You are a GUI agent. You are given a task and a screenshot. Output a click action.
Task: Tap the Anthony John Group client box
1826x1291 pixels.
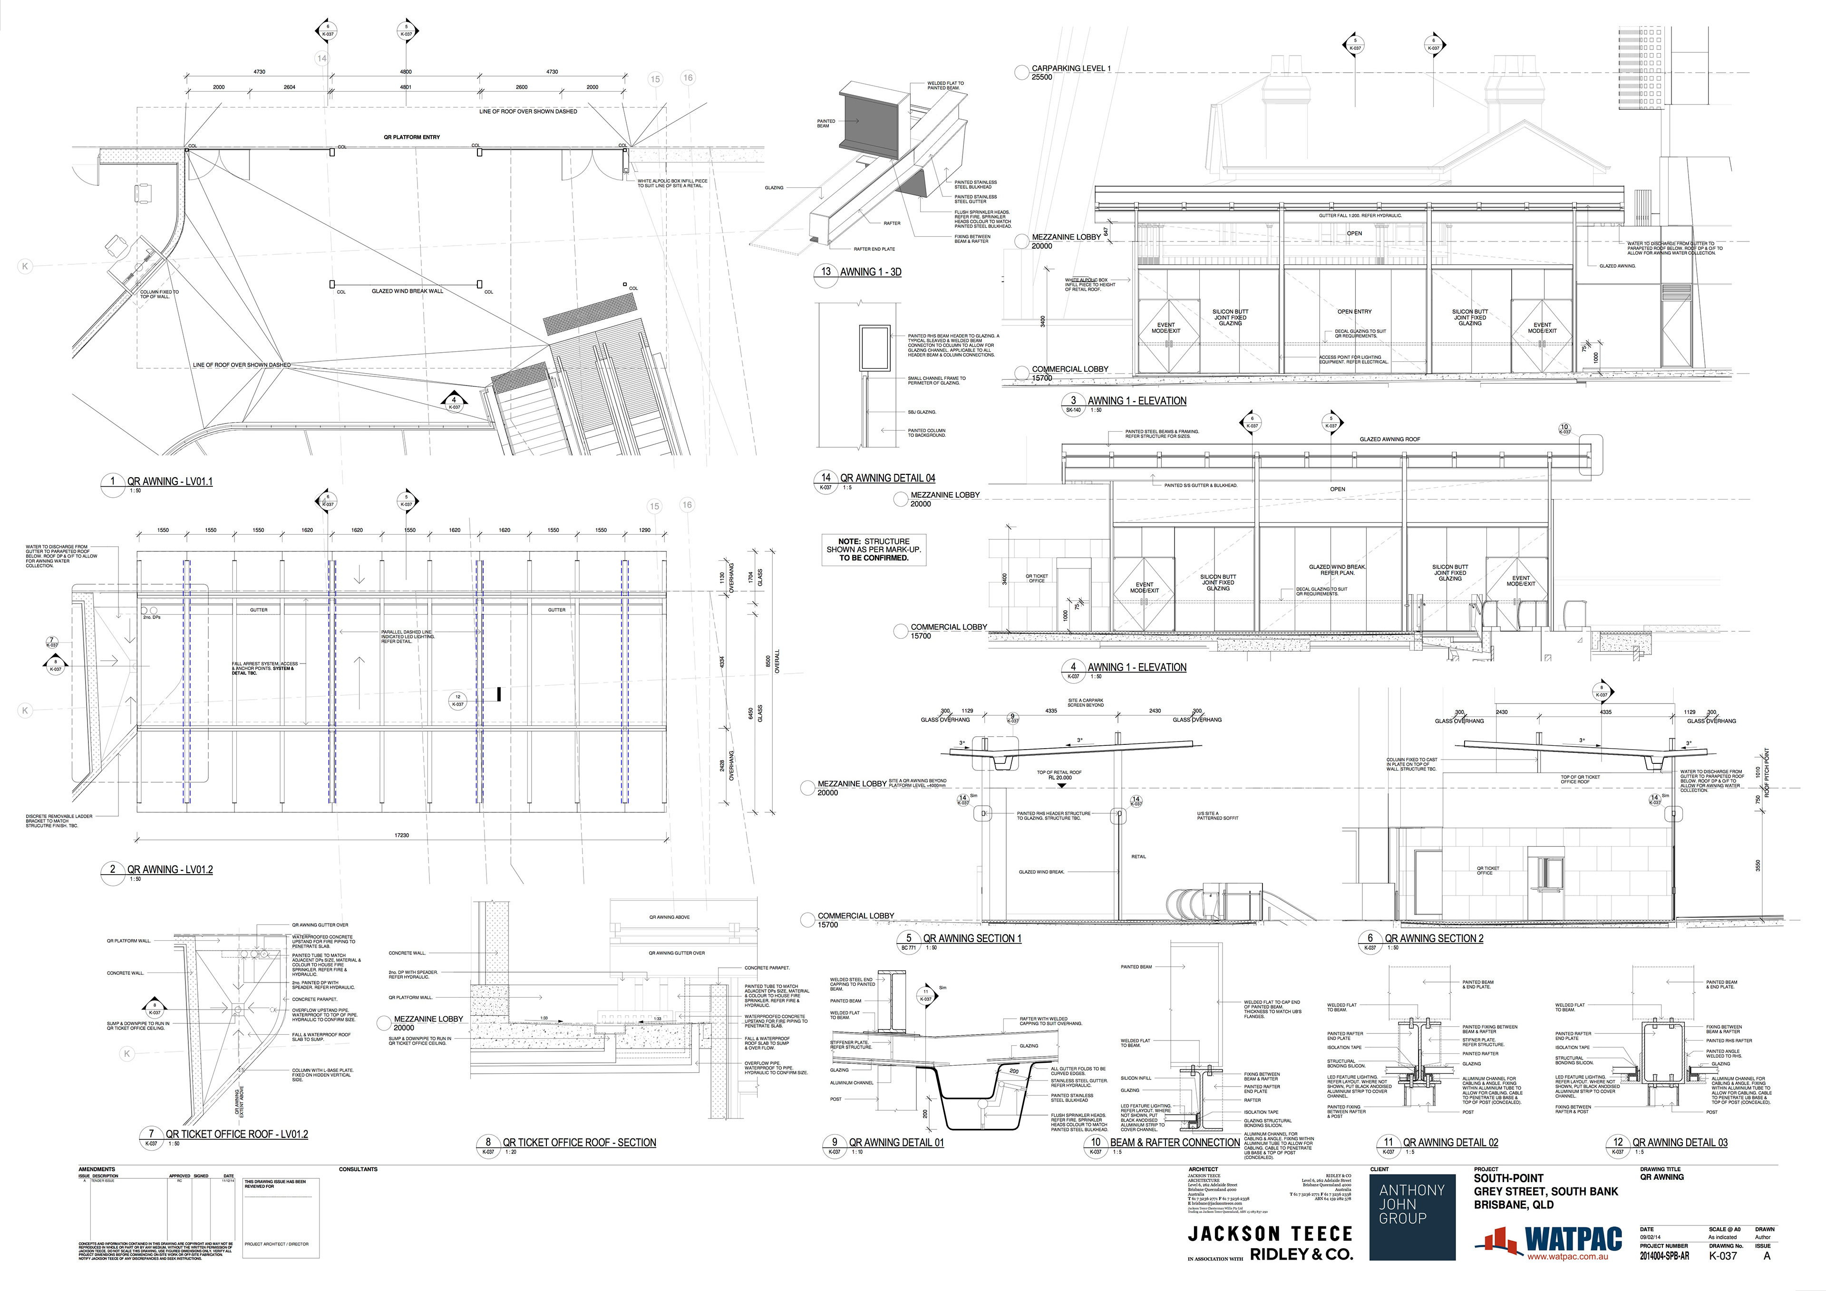click(x=1412, y=1217)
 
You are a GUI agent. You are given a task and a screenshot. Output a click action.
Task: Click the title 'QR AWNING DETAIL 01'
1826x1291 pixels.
click(x=895, y=1142)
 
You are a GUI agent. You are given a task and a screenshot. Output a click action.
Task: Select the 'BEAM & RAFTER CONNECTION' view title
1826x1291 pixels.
click(x=1175, y=1142)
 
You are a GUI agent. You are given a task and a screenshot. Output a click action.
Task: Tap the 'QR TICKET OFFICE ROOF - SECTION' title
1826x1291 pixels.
click(x=579, y=1142)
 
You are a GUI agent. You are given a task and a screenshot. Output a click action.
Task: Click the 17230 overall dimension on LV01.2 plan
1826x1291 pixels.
click(x=402, y=836)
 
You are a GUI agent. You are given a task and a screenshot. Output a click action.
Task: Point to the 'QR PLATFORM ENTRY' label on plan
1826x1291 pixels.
click(x=411, y=137)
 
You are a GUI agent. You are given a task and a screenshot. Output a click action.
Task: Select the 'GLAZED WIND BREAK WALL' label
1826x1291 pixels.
click(x=407, y=291)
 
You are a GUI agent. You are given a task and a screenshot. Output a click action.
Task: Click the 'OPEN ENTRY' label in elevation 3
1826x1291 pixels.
click(x=1354, y=312)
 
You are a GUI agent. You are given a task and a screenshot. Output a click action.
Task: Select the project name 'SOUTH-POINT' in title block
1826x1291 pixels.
click(x=1508, y=1178)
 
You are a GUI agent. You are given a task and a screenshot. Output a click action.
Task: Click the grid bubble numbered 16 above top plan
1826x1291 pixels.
click(x=687, y=78)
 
